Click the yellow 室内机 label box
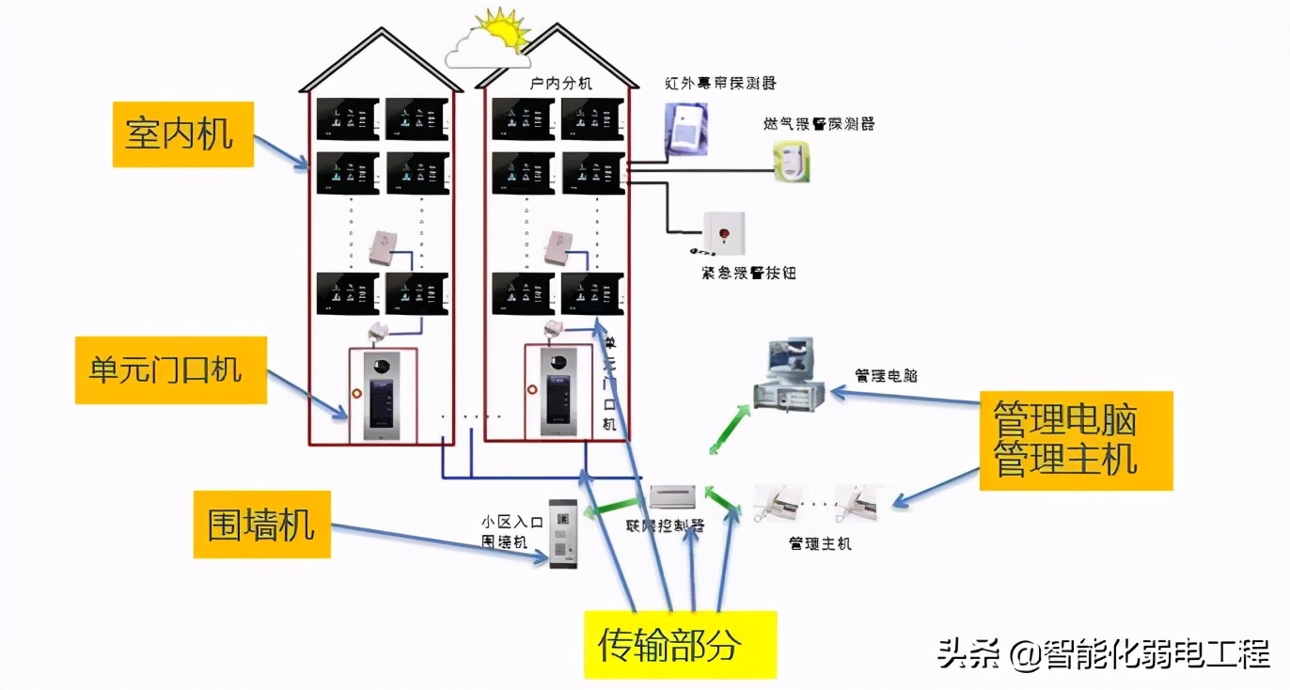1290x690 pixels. pos(182,134)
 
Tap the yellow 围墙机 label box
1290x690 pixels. pos(261,524)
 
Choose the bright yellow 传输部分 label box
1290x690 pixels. pos(680,644)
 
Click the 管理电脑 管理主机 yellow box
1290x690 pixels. pos(1076,439)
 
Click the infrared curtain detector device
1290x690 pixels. pos(684,129)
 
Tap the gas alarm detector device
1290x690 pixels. pos(792,161)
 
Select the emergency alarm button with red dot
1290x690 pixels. pos(723,232)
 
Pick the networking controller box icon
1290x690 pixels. pos(674,496)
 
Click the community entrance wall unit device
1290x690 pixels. pos(562,532)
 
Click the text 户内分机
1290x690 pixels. pos(560,84)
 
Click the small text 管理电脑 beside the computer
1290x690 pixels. pos(885,375)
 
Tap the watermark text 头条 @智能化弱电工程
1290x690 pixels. pos(1104,653)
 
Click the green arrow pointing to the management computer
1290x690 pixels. pos(730,429)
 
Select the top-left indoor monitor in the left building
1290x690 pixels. pos(347,118)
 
